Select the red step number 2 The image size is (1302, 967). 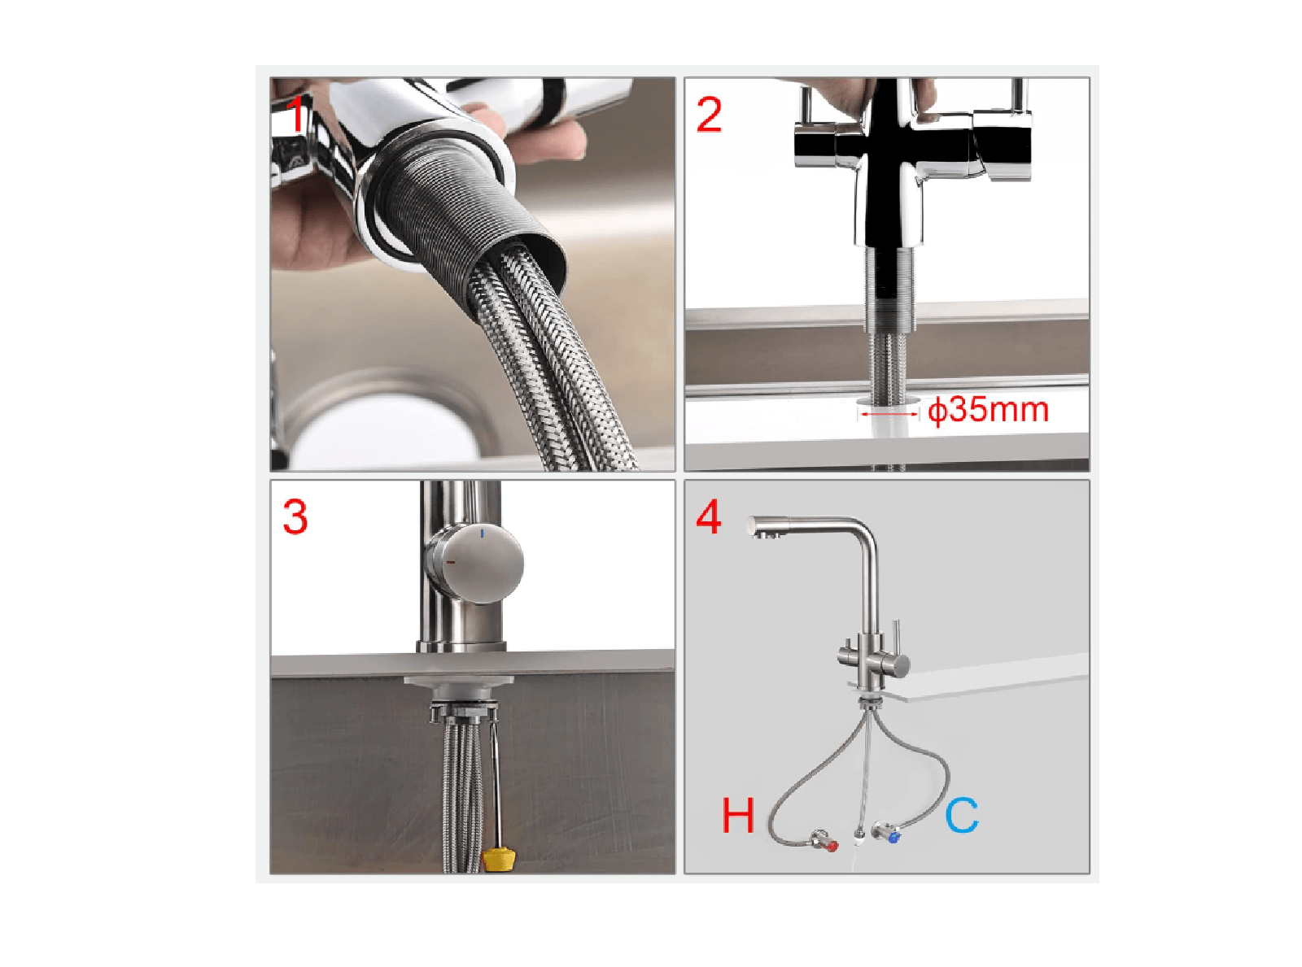(709, 115)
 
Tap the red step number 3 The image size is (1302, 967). (295, 517)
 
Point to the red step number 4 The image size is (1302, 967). (708, 517)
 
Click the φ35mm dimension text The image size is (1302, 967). (987, 410)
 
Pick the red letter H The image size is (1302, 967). (737, 816)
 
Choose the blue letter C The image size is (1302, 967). (962, 815)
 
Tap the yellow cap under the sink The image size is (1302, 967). (498, 861)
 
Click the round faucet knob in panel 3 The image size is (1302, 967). (476, 564)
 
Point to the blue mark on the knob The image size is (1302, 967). (483, 534)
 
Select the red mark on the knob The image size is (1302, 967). (451, 562)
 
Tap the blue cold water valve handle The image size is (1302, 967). (893, 838)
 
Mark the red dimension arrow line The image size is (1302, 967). (888, 414)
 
